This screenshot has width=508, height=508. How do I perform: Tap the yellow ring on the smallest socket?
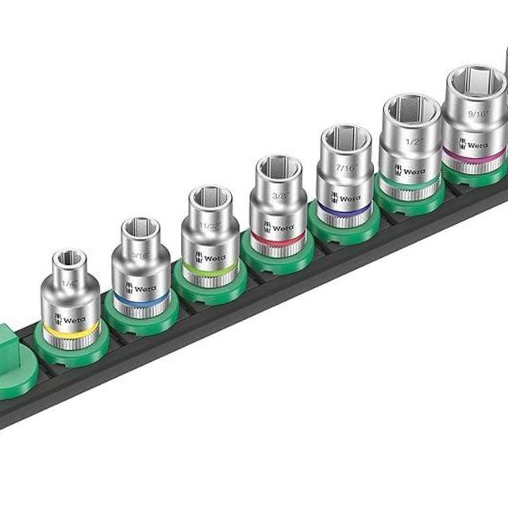point(71,329)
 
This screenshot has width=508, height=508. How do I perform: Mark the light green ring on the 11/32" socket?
point(210,271)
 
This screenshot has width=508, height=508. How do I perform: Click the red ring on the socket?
point(276,239)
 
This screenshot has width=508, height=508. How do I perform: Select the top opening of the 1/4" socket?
point(70,261)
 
